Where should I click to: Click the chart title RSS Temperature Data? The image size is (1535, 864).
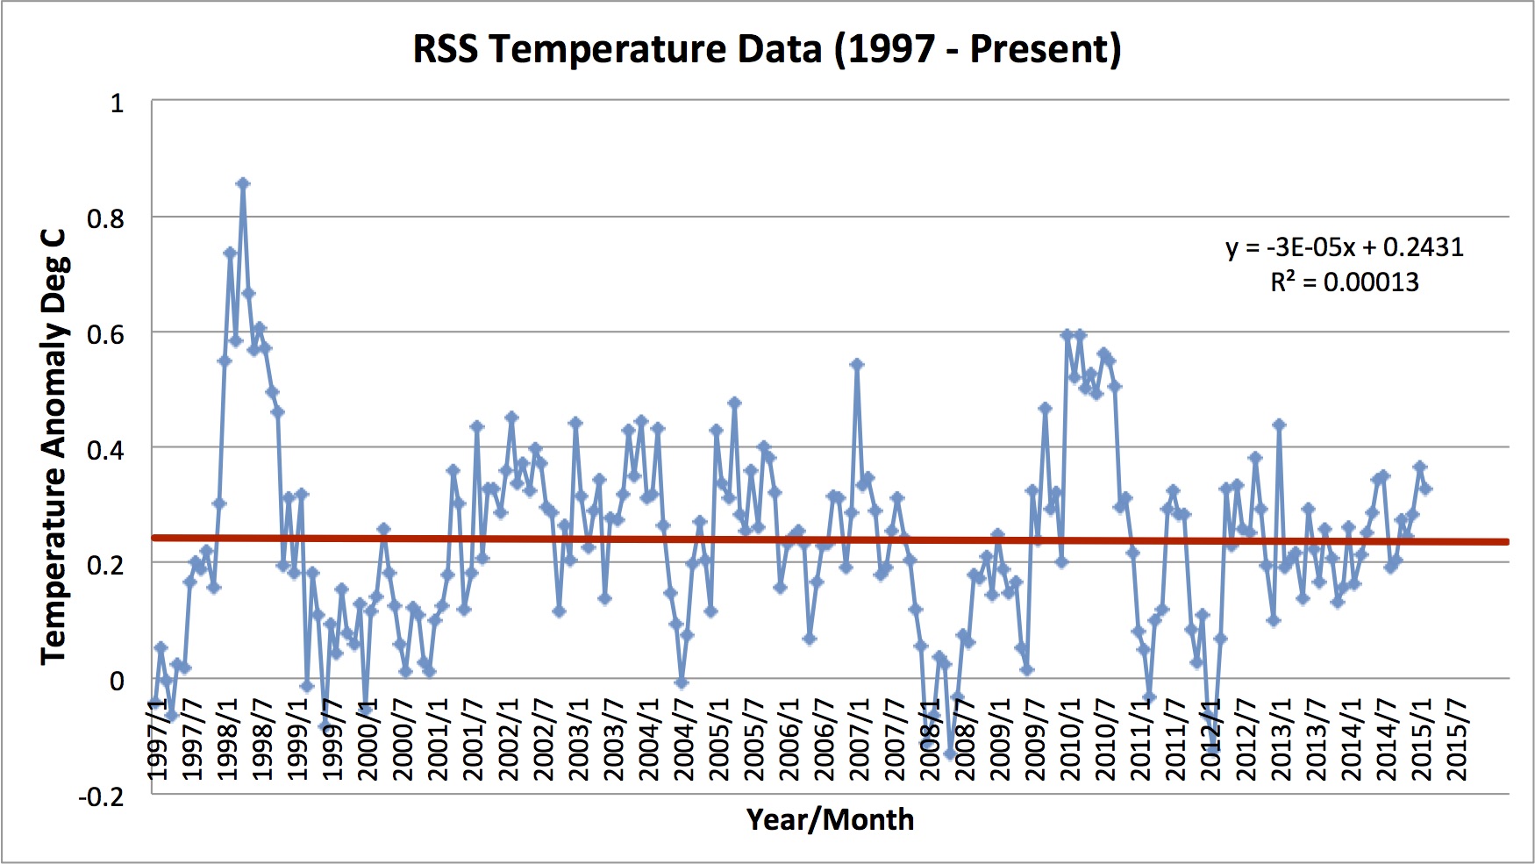767,49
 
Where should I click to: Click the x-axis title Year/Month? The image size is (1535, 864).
830,819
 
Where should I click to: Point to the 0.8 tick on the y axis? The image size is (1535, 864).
106,218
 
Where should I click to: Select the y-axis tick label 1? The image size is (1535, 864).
117,104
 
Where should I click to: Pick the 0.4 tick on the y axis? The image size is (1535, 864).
106,450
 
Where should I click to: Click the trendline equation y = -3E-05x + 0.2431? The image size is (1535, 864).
1345,247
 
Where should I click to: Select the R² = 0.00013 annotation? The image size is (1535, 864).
1345,282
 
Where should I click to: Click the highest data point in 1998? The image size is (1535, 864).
243,183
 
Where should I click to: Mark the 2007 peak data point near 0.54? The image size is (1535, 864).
857,364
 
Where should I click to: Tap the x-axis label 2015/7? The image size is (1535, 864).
1457,751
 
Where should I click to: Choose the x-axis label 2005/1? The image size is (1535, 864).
719,751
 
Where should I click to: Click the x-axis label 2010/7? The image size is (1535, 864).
1105,751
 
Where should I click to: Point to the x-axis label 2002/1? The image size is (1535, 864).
509,751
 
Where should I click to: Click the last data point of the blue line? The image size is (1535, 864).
1426,489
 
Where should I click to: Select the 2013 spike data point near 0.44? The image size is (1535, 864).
1279,425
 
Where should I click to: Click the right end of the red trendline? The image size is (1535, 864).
1506,542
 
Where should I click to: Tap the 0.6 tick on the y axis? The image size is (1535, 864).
106,334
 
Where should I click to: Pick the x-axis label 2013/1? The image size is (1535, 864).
1282,751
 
